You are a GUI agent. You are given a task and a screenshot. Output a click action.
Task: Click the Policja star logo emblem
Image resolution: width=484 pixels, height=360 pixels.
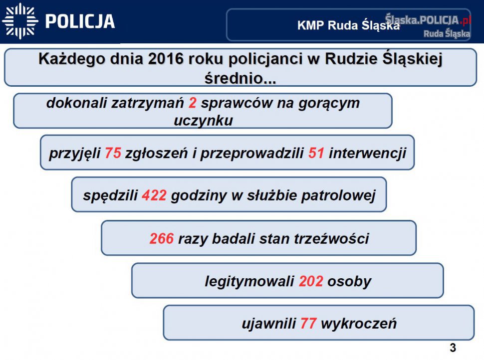(x=20, y=21)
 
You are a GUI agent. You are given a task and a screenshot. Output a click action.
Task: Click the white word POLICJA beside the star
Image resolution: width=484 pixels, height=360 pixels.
(x=80, y=21)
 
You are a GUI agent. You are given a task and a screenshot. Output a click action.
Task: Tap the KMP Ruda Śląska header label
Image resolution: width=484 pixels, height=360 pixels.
(x=348, y=25)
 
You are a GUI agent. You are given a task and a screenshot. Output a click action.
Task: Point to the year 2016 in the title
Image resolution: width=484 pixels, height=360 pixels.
(x=166, y=59)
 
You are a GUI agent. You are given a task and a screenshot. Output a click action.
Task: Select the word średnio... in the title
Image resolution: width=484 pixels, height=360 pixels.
(x=240, y=78)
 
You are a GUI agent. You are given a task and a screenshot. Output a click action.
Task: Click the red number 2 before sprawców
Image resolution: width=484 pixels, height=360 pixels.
(x=193, y=103)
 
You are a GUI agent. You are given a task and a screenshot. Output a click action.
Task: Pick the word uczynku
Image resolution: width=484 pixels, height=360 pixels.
(x=203, y=120)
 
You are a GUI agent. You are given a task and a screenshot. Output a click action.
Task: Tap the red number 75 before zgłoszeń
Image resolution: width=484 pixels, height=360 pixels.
(x=113, y=153)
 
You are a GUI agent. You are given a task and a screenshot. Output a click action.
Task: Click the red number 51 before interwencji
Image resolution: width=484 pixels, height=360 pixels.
(x=316, y=153)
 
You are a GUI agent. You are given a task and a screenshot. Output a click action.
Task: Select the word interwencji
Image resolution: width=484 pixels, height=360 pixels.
(x=367, y=153)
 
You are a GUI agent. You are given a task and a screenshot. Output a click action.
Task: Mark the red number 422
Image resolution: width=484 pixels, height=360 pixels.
(x=154, y=195)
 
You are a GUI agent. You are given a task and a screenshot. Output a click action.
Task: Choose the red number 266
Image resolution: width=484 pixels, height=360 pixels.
(x=162, y=239)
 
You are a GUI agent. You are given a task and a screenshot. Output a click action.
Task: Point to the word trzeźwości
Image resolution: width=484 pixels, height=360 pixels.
(x=331, y=239)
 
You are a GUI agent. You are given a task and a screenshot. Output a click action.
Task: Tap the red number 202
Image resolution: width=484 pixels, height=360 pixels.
(x=311, y=281)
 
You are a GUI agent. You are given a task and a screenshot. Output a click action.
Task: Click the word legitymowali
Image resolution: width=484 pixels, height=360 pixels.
(x=249, y=282)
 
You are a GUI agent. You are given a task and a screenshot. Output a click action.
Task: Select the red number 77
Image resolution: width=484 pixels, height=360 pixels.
(x=308, y=324)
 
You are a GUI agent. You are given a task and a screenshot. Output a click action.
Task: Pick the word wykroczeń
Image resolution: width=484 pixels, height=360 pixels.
(x=359, y=324)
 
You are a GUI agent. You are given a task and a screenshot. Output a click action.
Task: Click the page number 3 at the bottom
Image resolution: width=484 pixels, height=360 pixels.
(x=453, y=348)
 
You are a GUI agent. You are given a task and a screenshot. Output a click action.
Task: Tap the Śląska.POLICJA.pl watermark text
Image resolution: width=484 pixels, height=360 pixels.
(x=428, y=20)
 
